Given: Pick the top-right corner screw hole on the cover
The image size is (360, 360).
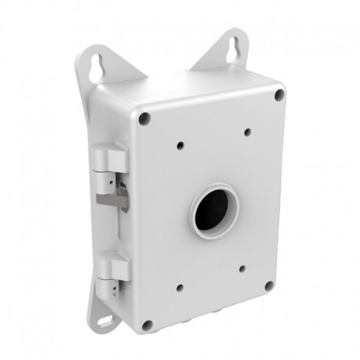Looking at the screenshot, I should point(277,94).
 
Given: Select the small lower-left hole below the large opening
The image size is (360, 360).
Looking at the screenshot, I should point(182,288).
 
